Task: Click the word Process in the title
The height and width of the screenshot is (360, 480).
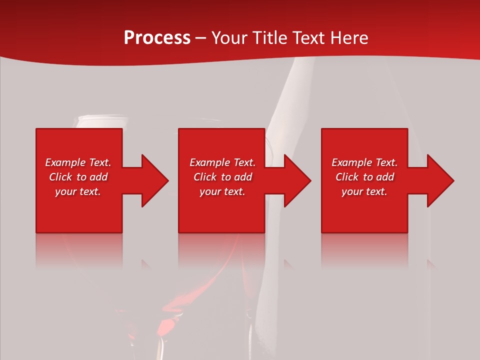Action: click(x=157, y=38)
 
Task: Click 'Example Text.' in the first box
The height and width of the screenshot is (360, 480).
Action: click(x=78, y=162)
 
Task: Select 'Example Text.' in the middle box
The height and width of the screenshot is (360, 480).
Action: click(x=222, y=162)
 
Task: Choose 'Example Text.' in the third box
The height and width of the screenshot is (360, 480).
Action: click(x=364, y=162)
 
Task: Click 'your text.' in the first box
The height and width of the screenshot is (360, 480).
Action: click(x=78, y=191)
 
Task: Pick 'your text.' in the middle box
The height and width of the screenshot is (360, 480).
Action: click(x=222, y=191)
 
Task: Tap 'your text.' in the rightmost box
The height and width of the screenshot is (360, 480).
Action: click(x=364, y=191)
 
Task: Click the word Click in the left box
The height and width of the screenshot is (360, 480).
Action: click(x=60, y=177)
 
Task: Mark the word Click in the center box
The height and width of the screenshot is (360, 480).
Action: click(x=205, y=177)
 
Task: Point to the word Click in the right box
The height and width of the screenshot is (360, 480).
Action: click(x=347, y=177)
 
